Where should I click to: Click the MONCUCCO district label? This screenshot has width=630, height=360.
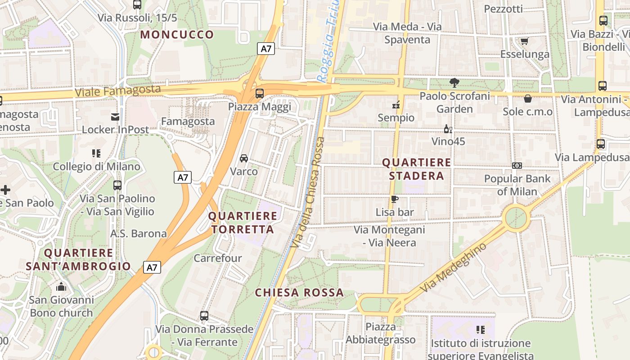click(177, 35)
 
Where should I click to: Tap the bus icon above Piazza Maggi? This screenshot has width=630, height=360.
click(260, 94)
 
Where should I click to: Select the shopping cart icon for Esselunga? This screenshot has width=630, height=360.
click(524, 41)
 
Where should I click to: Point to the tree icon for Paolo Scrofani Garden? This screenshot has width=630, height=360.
click(454, 82)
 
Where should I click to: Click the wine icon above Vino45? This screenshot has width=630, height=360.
click(448, 129)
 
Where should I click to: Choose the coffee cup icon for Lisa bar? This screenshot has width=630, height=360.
click(395, 199)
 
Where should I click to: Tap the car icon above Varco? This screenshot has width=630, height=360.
click(244, 158)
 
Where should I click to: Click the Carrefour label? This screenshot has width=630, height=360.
click(218, 258)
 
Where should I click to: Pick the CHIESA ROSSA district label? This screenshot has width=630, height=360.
click(299, 292)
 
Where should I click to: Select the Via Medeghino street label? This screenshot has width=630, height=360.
click(453, 268)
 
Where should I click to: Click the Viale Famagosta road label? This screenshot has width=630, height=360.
click(117, 90)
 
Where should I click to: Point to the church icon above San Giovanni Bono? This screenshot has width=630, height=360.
click(61, 287)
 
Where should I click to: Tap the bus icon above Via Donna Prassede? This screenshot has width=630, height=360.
click(204, 316)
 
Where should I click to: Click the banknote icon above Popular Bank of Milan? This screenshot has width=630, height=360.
click(517, 166)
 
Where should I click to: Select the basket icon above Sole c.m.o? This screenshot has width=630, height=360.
click(528, 98)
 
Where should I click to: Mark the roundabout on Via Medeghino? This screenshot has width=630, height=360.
click(516, 218)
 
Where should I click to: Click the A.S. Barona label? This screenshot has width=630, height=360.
click(139, 234)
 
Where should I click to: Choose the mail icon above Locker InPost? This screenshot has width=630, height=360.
click(115, 117)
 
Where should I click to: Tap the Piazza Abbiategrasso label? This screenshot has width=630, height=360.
click(380, 333)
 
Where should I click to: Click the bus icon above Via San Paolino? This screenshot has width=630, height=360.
click(117, 185)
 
